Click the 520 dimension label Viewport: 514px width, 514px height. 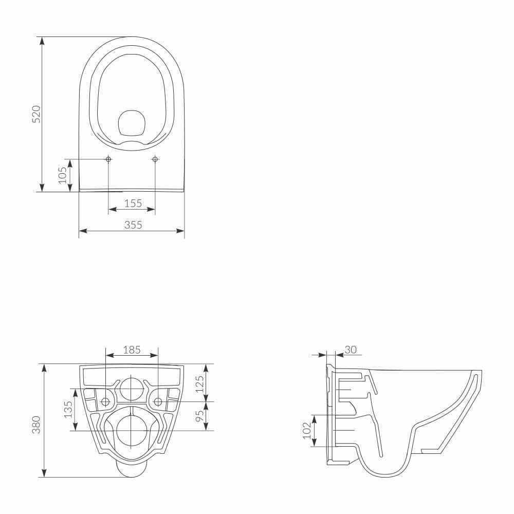pyautogui.click(x=36, y=114)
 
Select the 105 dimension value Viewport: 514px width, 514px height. pyautogui.click(x=63, y=175)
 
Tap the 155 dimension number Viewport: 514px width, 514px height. pyautogui.click(x=133, y=203)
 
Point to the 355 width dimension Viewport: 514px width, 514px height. pyautogui.click(x=133, y=225)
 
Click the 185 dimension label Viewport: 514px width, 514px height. pyautogui.click(x=132, y=350)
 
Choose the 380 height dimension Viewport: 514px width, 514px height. pyautogui.click(x=36, y=425)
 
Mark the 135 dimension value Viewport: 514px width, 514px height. pyautogui.click(x=68, y=410)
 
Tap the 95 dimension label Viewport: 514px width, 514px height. pyautogui.click(x=200, y=413)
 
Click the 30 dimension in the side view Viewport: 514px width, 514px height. pyautogui.click(x=350, y=350)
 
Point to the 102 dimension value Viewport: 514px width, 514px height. pyautogui.click(x=306, y=431)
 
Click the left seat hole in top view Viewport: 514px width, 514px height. pyautogui.click(x=108, y=159)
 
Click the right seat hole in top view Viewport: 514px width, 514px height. pyautogui.click(x=155, y=159)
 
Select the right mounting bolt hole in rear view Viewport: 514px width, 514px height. pyautogui.click(x=158, y=401)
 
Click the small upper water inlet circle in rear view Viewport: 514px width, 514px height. pyautogui.click(x=132, y=388)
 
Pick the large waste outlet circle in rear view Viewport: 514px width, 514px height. pyautogui.click(x=132, y=431)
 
